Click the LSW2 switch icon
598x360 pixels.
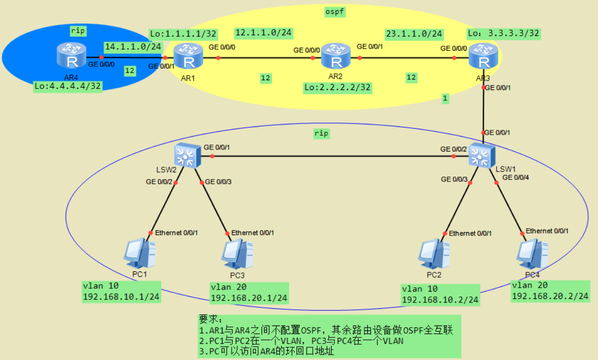185,156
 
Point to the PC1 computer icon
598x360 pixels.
140,253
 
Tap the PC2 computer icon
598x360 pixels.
434,253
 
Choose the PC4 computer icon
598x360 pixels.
533,253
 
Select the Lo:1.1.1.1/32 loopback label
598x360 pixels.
183,33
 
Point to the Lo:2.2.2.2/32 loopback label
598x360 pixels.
337,88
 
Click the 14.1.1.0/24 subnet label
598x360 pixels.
133,46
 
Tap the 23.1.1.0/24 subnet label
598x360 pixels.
414,34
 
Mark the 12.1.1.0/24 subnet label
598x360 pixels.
264,32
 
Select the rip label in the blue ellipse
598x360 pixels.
78,30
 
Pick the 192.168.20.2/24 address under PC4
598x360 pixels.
550,296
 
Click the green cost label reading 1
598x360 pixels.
445,98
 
